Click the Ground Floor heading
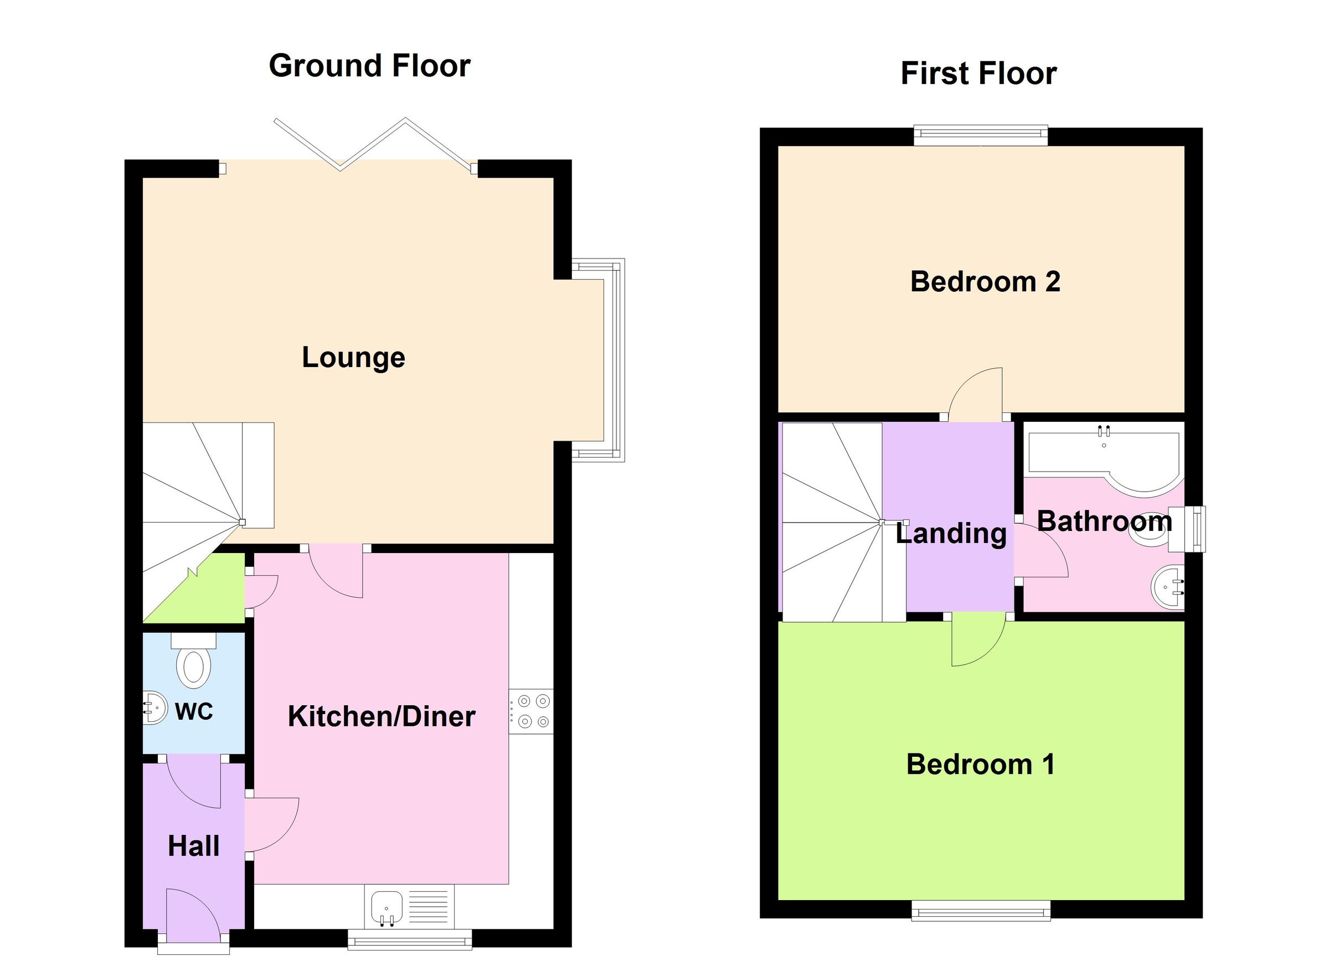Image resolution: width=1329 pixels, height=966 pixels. click(x=369, y=66)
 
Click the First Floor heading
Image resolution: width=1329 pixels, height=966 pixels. click(x=978, y=74)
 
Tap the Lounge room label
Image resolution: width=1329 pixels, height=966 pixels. click(x=353, y=358)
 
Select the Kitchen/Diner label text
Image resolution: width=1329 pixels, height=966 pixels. click(x=382, y=716)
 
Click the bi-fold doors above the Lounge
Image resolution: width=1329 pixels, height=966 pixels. click(x=375, y=143)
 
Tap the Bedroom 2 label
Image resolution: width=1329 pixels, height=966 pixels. click(x=985, y=282)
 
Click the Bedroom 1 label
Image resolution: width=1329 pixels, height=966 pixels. click(x=980, y=764)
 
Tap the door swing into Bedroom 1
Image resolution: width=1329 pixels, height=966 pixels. click(x=973, y=642)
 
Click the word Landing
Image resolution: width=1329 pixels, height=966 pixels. click(x=951, y=534)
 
